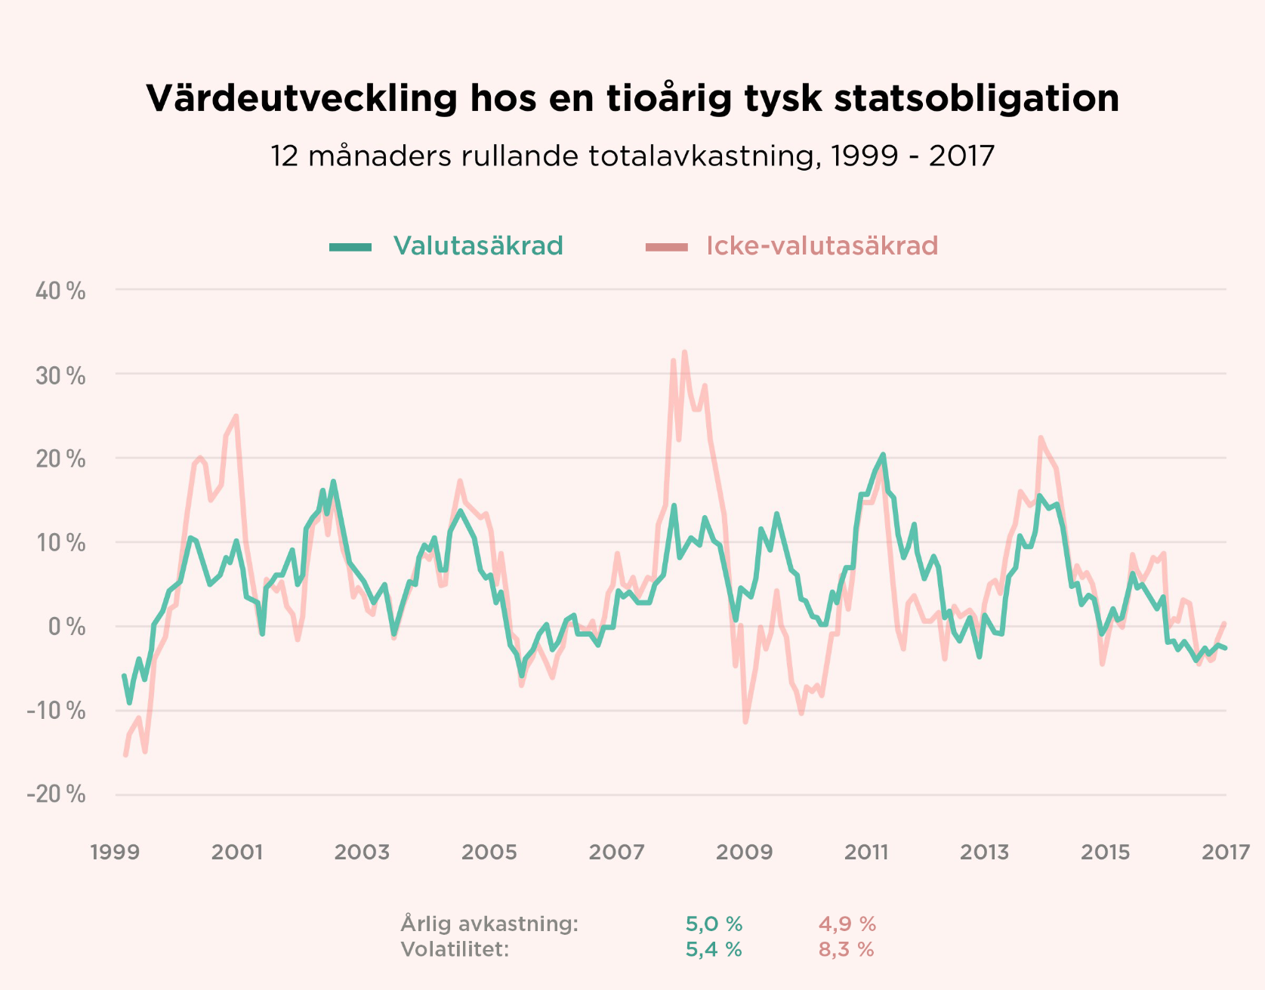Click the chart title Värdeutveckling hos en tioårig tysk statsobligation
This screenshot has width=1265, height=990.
pyautogui.click(x=632, y=98)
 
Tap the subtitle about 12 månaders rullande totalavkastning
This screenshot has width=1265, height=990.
pyautogui.click(x=632, y=156)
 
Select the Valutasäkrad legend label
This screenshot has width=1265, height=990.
pyautogui.click(x=478, y=246)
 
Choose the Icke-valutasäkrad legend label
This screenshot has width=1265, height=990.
pyautogui.click(x=822, y=246)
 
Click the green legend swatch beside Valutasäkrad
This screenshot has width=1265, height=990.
pyautogui.click(x=350, y=247)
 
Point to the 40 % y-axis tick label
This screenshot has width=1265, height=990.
pyautogui.click(x=60, y=291)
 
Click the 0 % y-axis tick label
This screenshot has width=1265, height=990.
pyautogui.click(x=66, y=627)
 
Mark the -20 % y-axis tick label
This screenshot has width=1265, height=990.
pyautogui.click(x=56, y=794)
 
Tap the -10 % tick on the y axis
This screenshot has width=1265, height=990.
pyautogui.click(x=56, y=711)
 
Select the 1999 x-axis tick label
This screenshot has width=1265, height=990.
pyautogui.click(x=115, y=853)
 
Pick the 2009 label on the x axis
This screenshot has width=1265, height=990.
pyautogui.click(x=744, y=853)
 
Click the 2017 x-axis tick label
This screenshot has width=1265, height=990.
pyautogui.click(x=1226, y=853)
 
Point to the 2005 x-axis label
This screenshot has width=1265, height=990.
pyautogui.click(x=489, y=853)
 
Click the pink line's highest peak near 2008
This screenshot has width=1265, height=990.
pyautogui.click(x=684, y=352)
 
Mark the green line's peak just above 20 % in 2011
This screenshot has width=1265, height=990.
pyautogui.click(x=883, y=455)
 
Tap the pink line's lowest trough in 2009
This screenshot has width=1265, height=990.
pyautogui.click(x=745, y=722)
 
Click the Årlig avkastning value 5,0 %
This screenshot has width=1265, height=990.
pyautogui.click(x=714, y=924)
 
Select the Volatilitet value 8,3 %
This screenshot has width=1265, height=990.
pyautogui.click(x=846, y=949)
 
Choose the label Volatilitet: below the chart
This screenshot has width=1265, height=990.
pyautogui.click(x=455, y=949)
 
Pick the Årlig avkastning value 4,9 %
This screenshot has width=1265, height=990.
pyautogui.click(x=847, y=924)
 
